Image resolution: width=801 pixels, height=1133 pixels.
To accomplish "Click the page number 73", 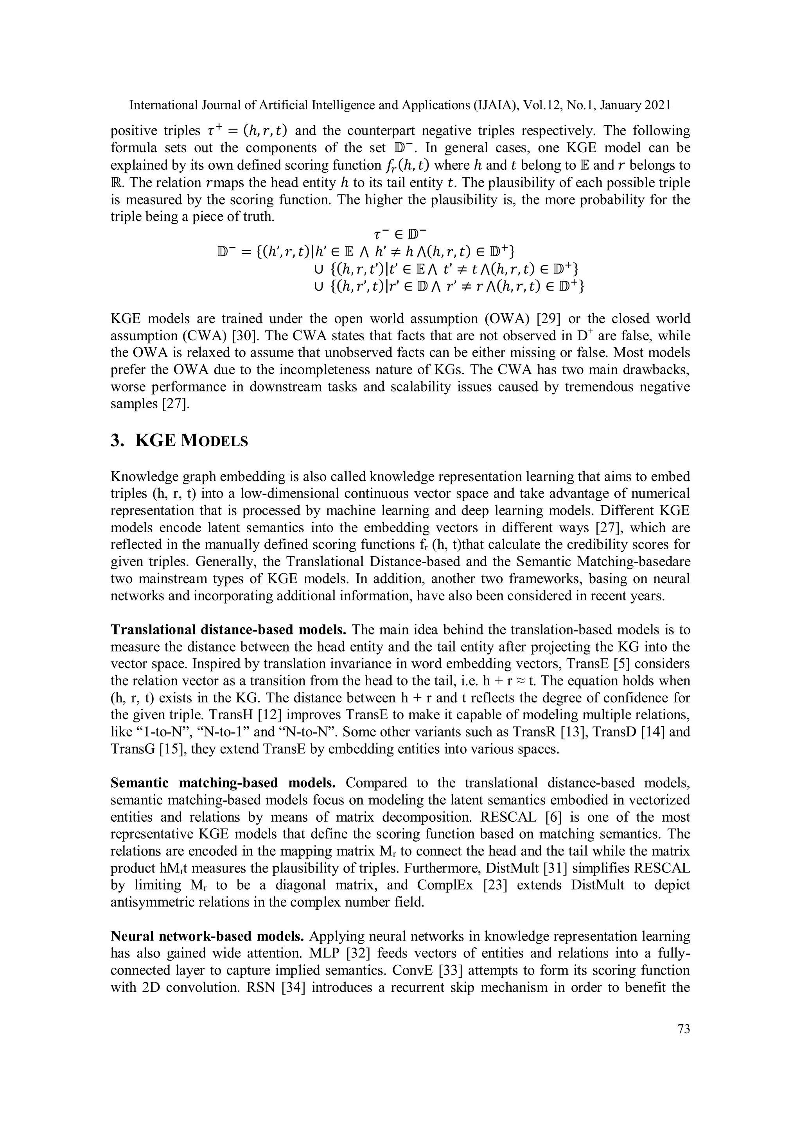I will [684, 1029].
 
